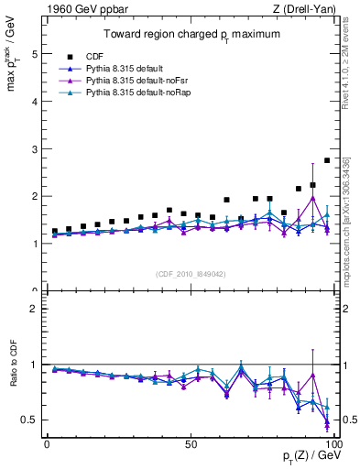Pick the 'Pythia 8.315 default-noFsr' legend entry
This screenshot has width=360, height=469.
pos(132,82)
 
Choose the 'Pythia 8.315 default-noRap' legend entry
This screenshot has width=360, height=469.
pos(134,94)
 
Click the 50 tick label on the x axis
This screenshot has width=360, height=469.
pos(191,443)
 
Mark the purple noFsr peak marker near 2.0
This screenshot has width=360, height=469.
pos(313,198)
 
